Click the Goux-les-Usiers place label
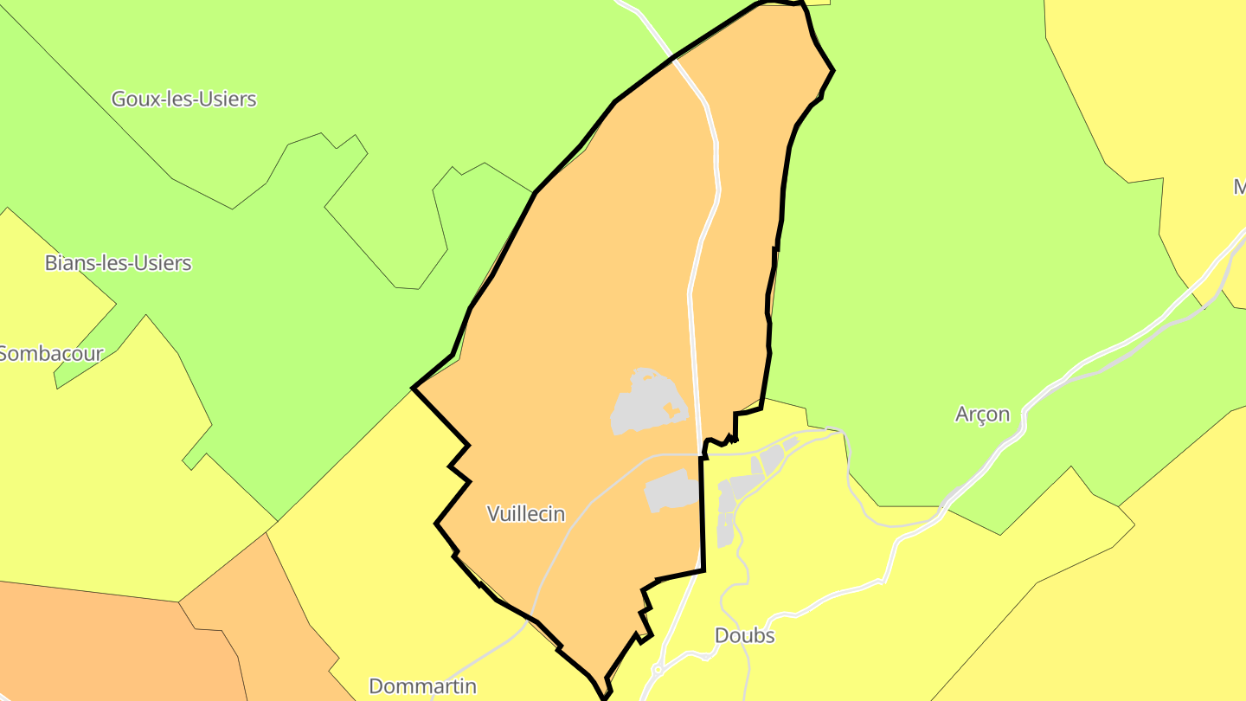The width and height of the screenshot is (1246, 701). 183,99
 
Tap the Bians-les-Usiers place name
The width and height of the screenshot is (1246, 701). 118,263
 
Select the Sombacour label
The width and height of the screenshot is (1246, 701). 52,353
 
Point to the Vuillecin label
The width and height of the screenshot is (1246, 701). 526,514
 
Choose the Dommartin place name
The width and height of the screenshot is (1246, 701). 422,686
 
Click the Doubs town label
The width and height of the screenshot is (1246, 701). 744,635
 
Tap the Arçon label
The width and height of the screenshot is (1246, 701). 982,415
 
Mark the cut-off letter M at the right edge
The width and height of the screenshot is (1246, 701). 1240,187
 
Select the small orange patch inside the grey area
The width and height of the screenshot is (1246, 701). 671,409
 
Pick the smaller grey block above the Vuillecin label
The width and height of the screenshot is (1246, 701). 672,492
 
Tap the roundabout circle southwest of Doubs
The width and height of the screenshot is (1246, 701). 658,670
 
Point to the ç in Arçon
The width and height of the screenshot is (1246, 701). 981,415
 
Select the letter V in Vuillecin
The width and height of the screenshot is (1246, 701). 493,514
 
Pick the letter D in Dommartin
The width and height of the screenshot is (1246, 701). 376,686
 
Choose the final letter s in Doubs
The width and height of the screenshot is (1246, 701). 769,635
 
